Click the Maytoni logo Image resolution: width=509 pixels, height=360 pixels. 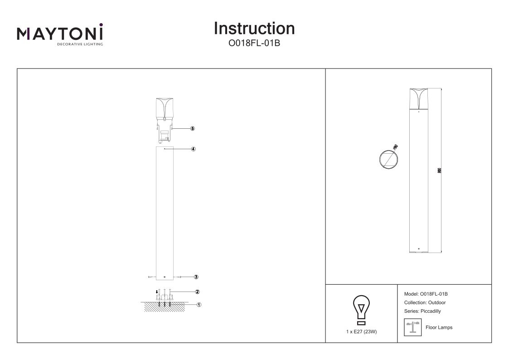click(60, 34)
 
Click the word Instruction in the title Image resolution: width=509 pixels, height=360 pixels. click(254, 28)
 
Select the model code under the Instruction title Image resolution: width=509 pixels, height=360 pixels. click(254, 44)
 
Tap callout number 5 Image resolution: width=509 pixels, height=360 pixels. click(193, 129)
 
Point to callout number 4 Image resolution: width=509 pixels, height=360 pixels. click(193, 149)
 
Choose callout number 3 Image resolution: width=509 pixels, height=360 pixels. click(196, 277)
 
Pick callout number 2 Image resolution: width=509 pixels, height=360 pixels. click(198, 292)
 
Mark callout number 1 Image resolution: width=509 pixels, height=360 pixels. click(199, 305)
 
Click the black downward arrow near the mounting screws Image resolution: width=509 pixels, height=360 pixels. click(157, 292)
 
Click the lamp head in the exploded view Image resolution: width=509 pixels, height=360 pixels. click(165, 109)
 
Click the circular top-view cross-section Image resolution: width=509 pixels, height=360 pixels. click(389, 159)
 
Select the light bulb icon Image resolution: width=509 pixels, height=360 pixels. click(361, 310)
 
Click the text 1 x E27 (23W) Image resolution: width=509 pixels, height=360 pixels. click(361, 332)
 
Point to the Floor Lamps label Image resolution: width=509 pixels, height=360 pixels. click(439, 327)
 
